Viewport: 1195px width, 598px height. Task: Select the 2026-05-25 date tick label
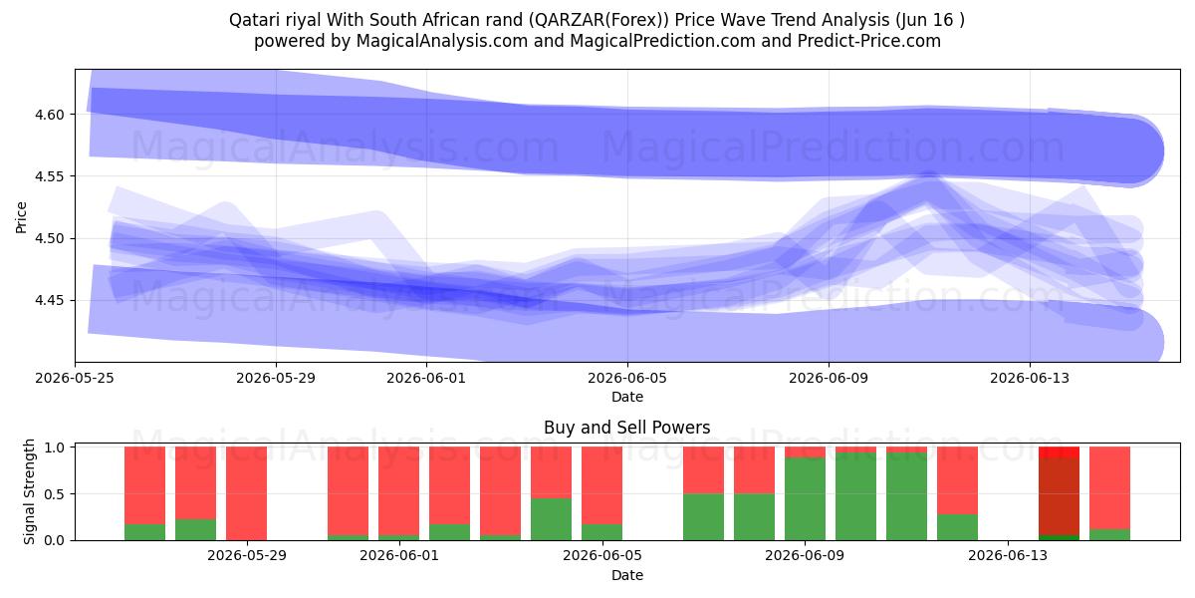pyautogui.click(x=76, y=378)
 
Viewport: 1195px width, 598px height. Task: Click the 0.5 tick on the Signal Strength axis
pyautogui.click(x=55, y=494)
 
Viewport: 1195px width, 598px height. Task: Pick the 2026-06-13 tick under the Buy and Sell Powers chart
pyautogui.click(x=1008, y=556)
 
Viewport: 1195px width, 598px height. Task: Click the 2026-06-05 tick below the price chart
pyautogui.click(x=627, y=378)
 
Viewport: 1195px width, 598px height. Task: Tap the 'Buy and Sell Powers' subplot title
pyautogui.click(x=626, y=428)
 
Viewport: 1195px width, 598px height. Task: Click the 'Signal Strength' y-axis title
pyautogui.click(x=29, y=491)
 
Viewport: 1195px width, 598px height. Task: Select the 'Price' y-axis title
pyautogui.click(x=21, y=217)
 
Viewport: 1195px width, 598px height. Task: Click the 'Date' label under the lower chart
pyautogui.click(x=627, y=575)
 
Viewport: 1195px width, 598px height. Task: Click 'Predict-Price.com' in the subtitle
pyautogui.click(x=869, y=41)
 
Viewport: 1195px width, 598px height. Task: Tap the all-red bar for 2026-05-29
pyautogui.click(x=247, y=493)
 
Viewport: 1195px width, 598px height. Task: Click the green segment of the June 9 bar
pyautogui.click(x=805, y=498)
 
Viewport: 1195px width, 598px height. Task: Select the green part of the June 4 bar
pyautogui.click(x=551, y=519)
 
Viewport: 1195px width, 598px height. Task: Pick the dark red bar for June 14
pyautogui.click(x=1059, y=496)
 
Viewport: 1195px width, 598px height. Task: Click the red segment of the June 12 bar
pyautogui.click(x=958, y=480)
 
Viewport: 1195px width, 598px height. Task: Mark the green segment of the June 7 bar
pyautogui.click(x=704, y=517)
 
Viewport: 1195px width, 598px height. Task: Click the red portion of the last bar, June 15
pyautogui.click(x=1109, y=488)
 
